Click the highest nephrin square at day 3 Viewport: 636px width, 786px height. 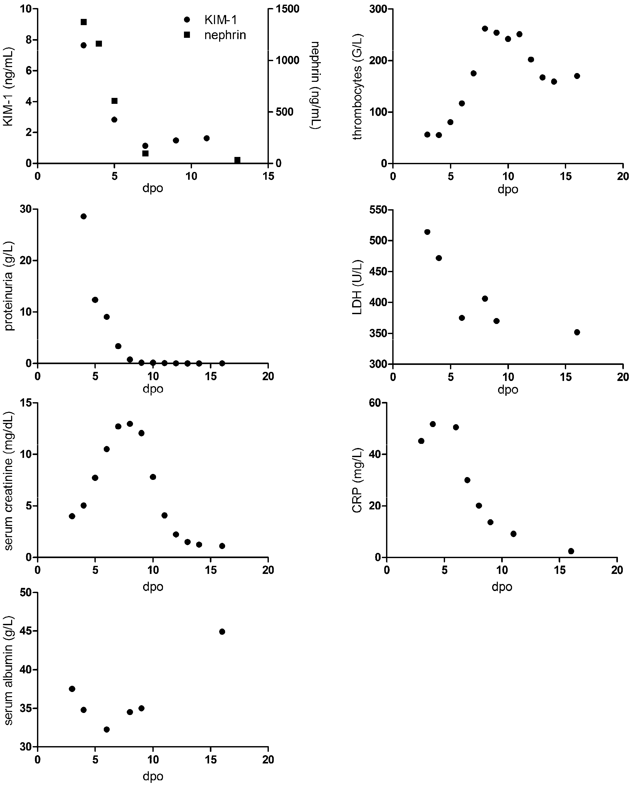84,22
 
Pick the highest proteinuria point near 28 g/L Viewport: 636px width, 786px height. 84,216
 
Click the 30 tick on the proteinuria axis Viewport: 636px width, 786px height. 26,209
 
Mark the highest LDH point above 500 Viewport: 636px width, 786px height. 427,232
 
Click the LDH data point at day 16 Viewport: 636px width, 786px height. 577,332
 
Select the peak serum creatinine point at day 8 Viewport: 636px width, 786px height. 130,424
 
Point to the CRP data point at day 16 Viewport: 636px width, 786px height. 571,551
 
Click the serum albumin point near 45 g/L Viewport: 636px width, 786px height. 222,632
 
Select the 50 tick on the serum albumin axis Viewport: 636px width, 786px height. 26,593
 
